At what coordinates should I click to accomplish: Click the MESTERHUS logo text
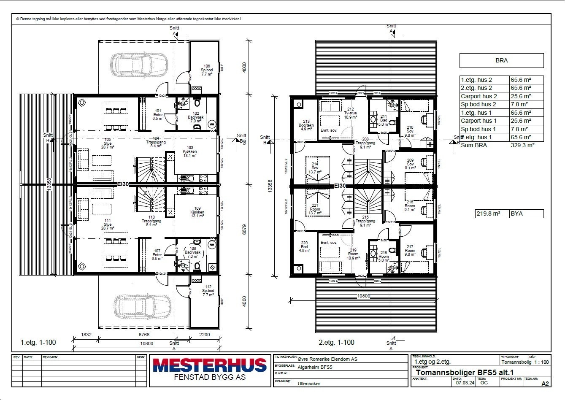pos(210,365)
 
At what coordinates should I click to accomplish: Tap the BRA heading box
pos(501,60)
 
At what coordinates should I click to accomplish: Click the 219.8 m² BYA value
pos(488,214)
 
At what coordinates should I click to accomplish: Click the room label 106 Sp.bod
pos(207,70)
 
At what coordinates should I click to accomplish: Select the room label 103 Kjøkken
pos(190,151)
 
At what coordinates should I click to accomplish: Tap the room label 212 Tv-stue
pos(350,113)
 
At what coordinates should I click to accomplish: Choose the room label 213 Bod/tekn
pos(306,125)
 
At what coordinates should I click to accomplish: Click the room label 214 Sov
pos(315,168)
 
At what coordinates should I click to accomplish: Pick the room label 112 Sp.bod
pos(208,291)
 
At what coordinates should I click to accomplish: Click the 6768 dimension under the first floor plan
pos(144,335)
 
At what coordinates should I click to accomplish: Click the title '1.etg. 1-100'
pos(38,342)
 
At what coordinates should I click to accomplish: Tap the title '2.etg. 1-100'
pos(336,342)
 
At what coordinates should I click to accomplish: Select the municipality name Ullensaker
pos(308,384)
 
